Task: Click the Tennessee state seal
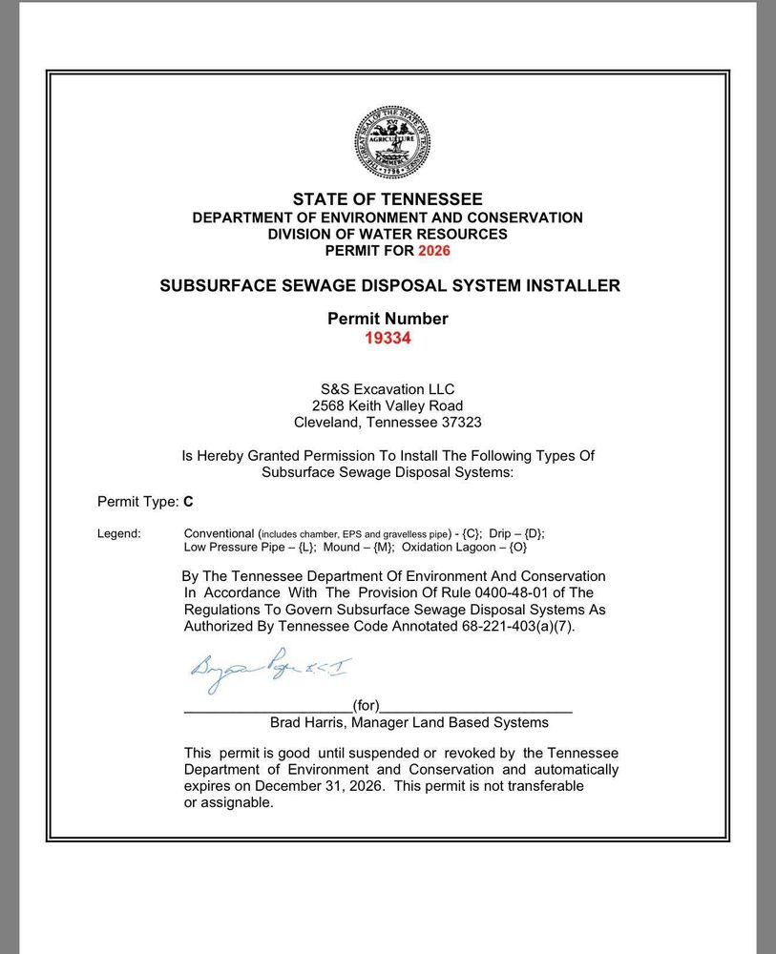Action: pyautogui.click(x=392, y=142)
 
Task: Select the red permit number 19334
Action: pyautogui.click(x=388, y=337)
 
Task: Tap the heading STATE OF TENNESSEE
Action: pyautogui.click(x=388, y=199)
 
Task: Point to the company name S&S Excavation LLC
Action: pyautogui.click(x=388, y=388)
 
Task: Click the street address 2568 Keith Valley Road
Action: pyautogui.click(x=388, y=404)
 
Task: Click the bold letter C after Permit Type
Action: pyautogui.click(x=188, y=500)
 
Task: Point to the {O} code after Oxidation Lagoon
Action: pyautogui.click(x=515, y=548)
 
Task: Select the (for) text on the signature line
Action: pyautogui.click(x=366, y=706)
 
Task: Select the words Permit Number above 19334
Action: pyautogui.click(x=388, y=319)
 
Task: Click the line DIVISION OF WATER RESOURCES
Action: pyautogui.click(x=388, y=234)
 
